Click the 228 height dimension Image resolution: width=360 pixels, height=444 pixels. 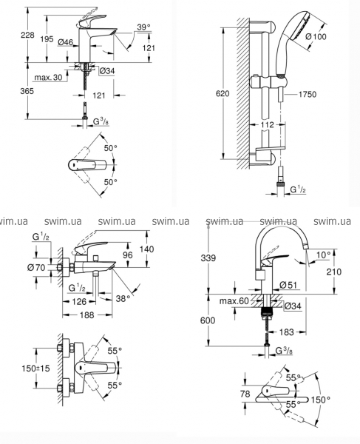[x=27, y=35]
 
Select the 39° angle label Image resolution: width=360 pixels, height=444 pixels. [x=143, y=27]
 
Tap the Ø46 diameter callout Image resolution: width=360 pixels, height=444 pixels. [x=65, y=42]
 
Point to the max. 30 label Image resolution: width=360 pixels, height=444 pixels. [x=48, y=77]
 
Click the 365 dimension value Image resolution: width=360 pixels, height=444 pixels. [x=27, y=91]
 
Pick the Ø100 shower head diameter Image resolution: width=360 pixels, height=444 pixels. [x=316, y=36]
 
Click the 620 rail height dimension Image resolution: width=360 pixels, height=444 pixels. [x=223, y=93]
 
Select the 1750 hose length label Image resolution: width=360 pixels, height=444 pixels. [x=308, y=94]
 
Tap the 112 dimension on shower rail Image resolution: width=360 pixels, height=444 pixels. [x=268, y=125]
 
